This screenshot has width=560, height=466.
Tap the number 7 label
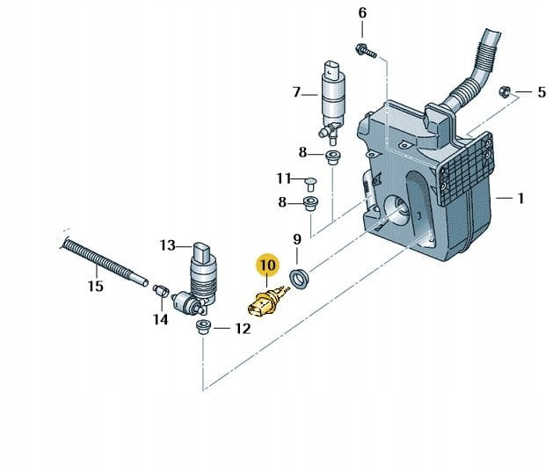pyautogui.click(x=296, y=91)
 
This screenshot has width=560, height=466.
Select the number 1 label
pyautogui.click(x=520, y=199)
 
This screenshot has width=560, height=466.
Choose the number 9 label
pyautogui.click(x=297, y=238)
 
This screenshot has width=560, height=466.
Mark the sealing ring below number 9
pyautogui.click(x=299, y=278)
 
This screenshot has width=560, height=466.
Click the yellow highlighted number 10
pyautogui.click(x=267, y=264)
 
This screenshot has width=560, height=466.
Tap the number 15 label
pyautogui.click(x=95, y=286)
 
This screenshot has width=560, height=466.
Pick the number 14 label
pyautogui.click(x=159, y=319)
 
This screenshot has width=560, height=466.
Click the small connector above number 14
pyautogui.click(x=161, y=288)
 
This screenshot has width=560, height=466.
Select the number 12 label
pyautogui.click(x=243, y=330)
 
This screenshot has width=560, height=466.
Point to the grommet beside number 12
pyautogui.click(x=202, y=328)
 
